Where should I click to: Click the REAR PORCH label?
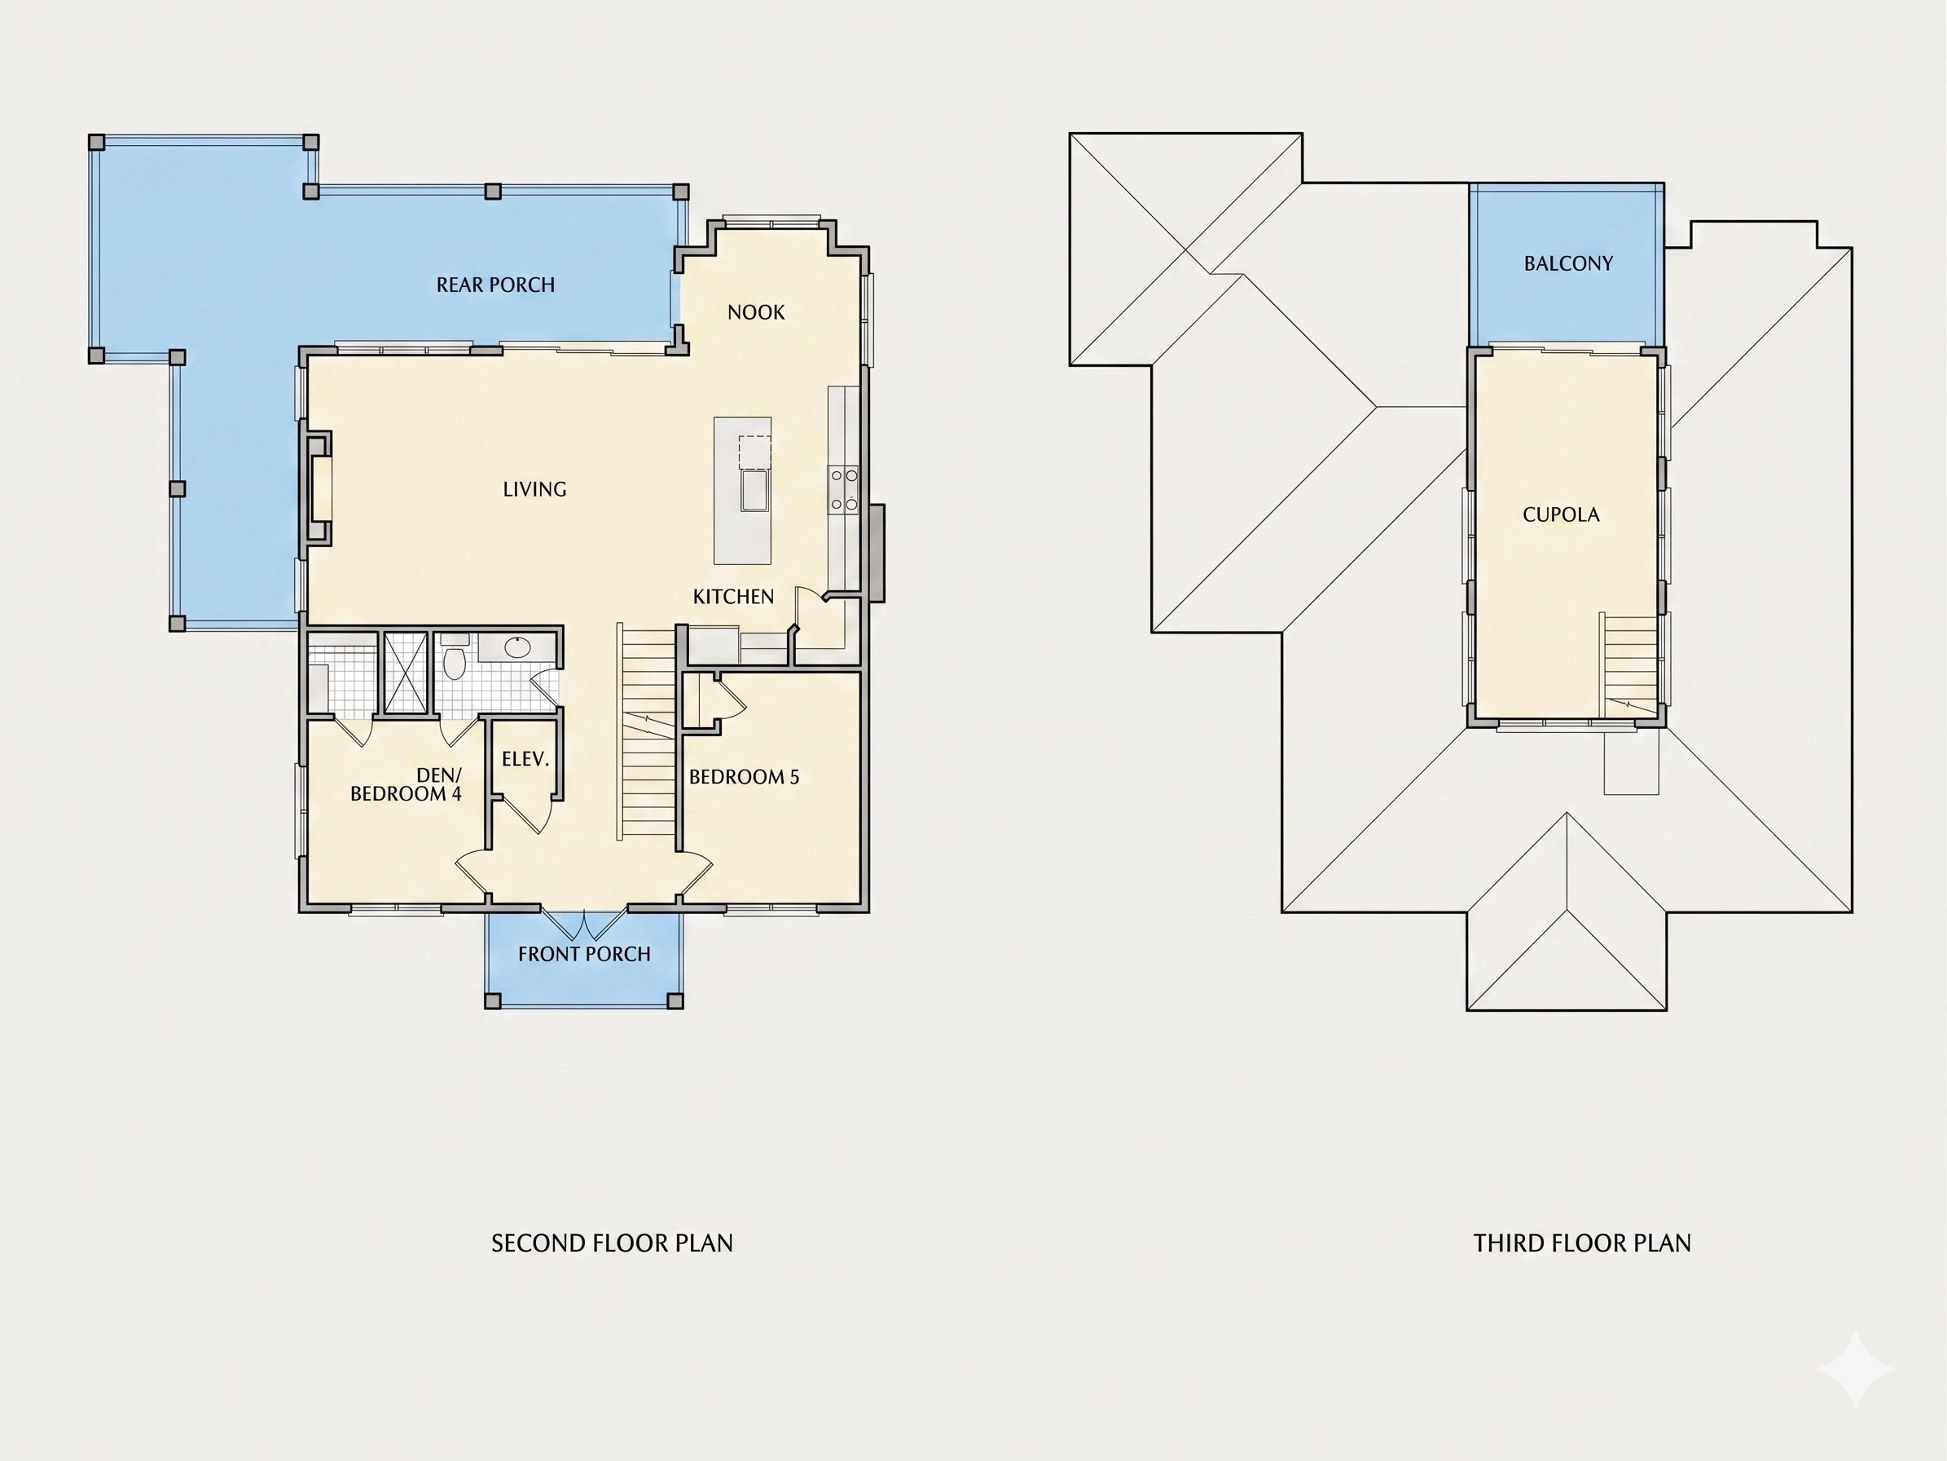495,285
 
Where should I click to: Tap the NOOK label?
756,312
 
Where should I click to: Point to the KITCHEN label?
733,597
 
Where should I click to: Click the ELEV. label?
525,759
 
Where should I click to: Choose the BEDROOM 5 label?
744,777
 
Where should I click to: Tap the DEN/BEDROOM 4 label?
406,784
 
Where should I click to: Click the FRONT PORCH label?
584,954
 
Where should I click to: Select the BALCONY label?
1568,263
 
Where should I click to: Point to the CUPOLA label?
1561,514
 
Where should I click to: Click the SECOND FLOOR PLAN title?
612,1243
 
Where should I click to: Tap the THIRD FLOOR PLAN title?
1582,1243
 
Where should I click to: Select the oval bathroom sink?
517,648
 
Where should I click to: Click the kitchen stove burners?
844,490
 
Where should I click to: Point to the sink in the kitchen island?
755,491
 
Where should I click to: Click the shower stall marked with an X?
406,673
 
